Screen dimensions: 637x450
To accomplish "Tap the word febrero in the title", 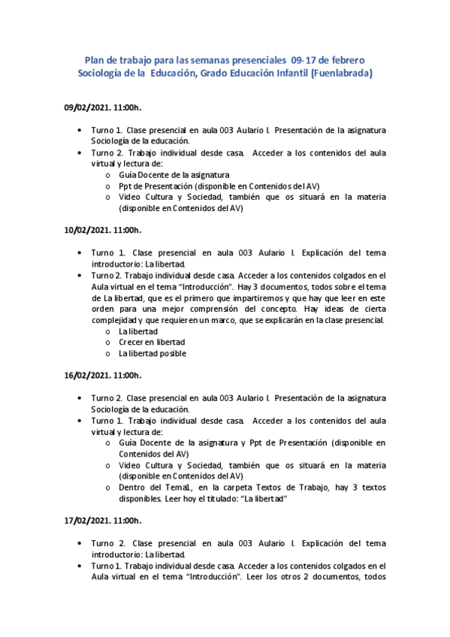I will [x=348, y=59].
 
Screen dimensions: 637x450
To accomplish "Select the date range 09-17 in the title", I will [x=308, y=59].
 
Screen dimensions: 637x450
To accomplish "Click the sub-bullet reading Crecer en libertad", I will [x=151, y=342].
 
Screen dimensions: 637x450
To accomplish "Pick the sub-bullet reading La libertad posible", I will [x=153, y=353].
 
